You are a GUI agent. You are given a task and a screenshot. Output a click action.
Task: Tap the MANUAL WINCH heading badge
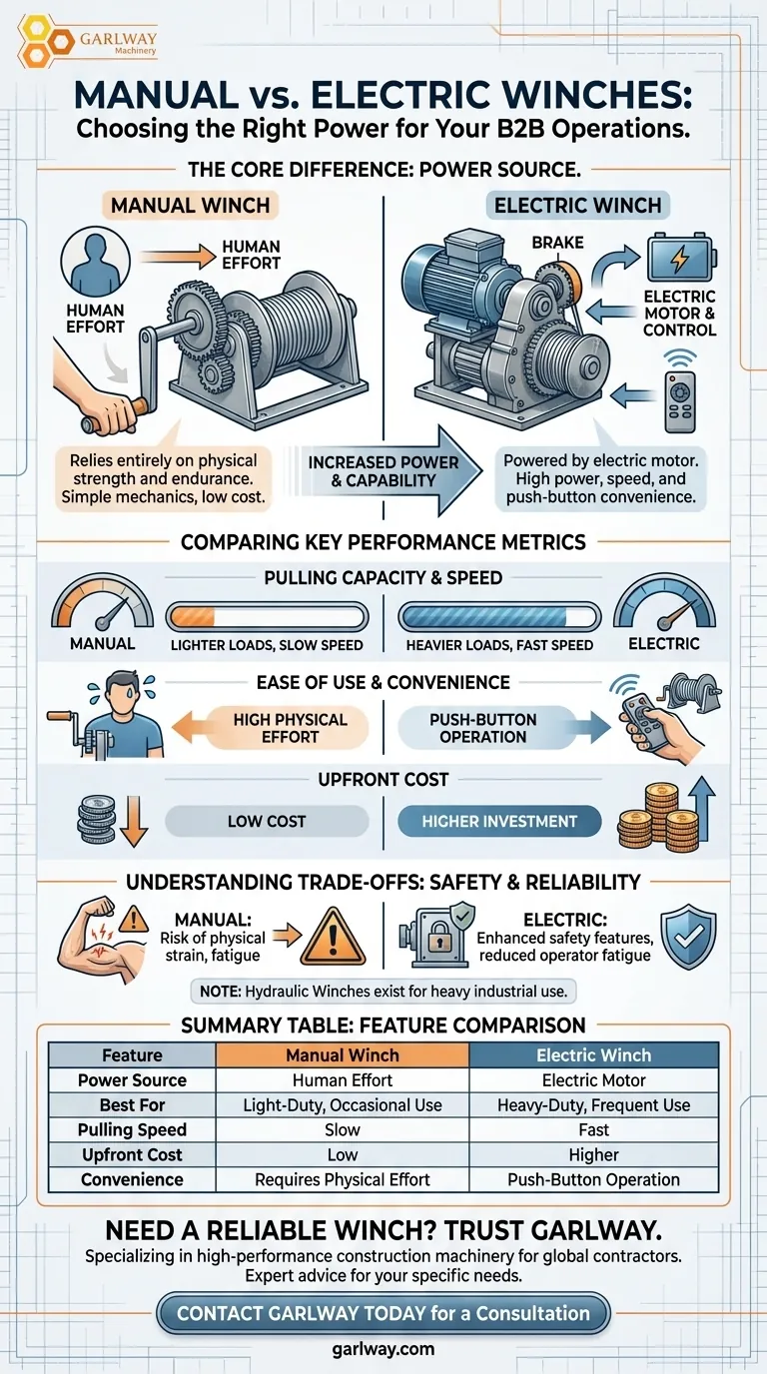(190, 205)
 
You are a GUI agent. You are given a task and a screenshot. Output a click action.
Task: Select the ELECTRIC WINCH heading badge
(577, 205)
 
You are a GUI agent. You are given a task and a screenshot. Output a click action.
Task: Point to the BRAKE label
(557, 243)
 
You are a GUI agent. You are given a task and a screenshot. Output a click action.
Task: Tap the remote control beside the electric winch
(680, 401)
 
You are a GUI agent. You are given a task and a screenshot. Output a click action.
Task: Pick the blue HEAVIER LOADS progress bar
(499, 616)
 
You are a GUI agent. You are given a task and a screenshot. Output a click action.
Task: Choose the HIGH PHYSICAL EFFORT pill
(290, 728)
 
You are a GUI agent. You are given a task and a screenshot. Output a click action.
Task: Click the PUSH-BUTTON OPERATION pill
(483, 728)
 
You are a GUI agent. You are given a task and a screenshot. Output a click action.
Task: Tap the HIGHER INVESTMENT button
(499, 822)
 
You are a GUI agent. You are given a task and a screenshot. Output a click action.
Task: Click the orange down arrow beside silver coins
(134, 822)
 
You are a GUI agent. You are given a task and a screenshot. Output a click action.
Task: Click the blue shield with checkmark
(688, 937)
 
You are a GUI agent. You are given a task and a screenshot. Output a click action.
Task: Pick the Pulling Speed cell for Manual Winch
(343, 1129)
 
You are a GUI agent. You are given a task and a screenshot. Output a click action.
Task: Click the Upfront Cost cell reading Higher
(593, 1154)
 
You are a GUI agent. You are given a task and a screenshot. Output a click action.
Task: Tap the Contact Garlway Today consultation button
(383, 1313)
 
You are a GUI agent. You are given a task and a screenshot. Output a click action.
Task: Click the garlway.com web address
(383, 1349)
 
